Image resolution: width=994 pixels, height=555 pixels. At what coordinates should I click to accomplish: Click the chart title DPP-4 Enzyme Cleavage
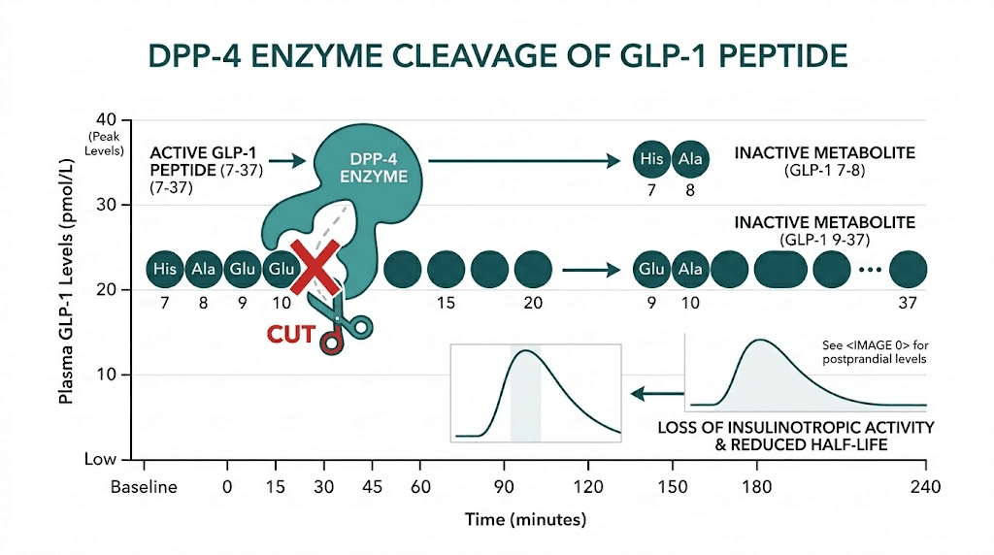pyautogui.click(x=497, y=54)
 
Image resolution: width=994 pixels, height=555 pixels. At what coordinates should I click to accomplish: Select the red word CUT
pyautogui.click(x=291, y=336)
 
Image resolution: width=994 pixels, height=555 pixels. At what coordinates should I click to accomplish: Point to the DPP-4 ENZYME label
pyautogui.click(x=375, y=168)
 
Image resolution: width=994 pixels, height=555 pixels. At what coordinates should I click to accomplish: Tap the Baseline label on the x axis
pyautogui.click(x=144, y=487)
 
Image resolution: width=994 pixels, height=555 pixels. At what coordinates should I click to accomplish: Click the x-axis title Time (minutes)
pyautogui.click(x=525, y=519)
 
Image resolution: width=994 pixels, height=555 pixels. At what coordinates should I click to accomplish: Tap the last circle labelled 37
pyautogui.click(x=908, y=269)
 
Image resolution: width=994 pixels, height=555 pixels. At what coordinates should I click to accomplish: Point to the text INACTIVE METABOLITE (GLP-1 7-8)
pyautogui.click(x=823, y=161)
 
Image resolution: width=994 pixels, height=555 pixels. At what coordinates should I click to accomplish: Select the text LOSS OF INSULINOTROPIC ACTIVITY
pyautogui.click(x=796, y=427)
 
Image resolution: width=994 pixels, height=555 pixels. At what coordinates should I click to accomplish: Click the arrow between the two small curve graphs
pyautogui.click(x=654, y=393)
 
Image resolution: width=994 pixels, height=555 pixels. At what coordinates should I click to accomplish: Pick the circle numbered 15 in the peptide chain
pyautogui.click(x=447, y=269)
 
